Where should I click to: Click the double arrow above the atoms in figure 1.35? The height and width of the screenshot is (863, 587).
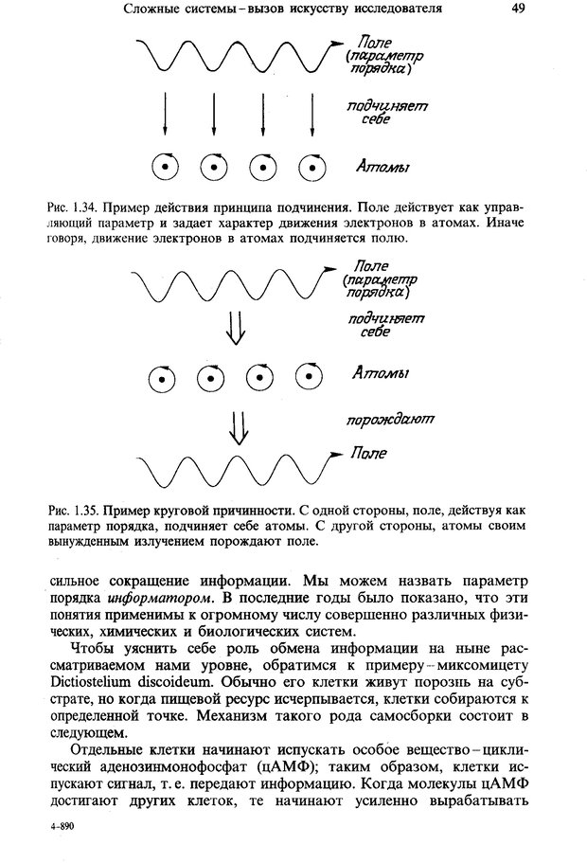tap(237, 327)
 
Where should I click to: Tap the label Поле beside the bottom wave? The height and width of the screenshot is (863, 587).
tap(368, 454)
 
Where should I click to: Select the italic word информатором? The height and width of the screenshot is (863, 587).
tap(165, 599)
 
